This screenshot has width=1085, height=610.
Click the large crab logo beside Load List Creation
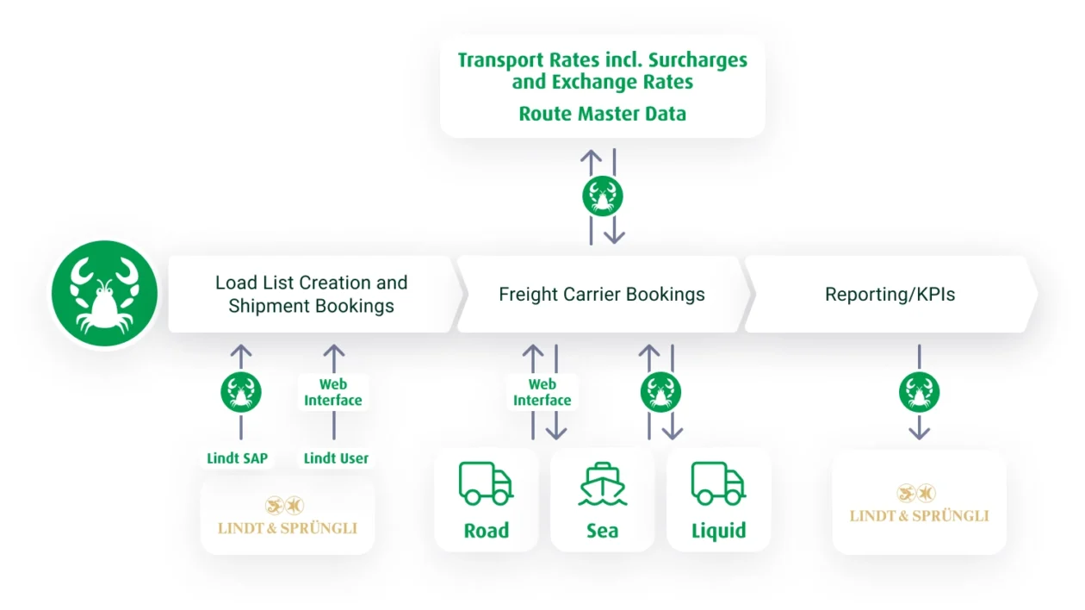pos(104,294)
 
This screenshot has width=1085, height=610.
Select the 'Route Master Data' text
pos(602,114)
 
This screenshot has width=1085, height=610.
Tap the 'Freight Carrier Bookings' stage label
pos(601,295)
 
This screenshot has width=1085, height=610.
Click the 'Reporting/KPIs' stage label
pos(890,295)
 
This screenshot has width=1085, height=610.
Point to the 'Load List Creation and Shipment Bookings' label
pos(311,294)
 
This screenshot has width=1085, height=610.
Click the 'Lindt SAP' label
pos(238,458)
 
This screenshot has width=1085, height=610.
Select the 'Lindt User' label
pos(336,458)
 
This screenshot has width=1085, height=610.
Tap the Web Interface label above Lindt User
pos(333,392)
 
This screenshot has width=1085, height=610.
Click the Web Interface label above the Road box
pos(542,392)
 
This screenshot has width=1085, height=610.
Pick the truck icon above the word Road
pos(486,483)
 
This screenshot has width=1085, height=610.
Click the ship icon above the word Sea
pos(603,483)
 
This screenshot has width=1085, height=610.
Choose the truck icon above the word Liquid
pos(718,483)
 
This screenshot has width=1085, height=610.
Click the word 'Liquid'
pos(718,530)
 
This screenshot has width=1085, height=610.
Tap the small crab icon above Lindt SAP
pos(241,392)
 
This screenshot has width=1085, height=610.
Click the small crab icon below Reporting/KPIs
pos(919,392)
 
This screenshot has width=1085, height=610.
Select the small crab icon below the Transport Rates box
pos(603,196)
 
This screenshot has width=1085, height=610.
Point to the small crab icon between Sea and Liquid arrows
pos(660,392)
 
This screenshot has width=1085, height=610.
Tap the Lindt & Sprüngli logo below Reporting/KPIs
pos(919,505)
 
